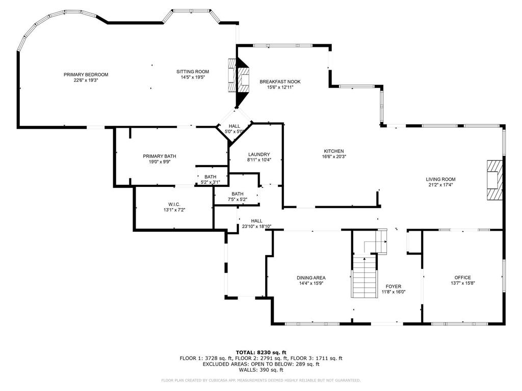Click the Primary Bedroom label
[x=86, y=75]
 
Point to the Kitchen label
[x=334, y=151]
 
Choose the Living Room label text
[x=440, y=179]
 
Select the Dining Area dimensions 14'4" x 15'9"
[x=311, y=283]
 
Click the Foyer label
[x=393, y=286]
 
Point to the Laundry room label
[x=259, y=154]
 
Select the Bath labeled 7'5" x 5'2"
[x=238, y=197]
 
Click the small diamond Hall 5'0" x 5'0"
[x=234, y=128]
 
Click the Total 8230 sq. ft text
[x=261, y=352]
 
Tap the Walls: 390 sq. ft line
[x=261, y=370]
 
